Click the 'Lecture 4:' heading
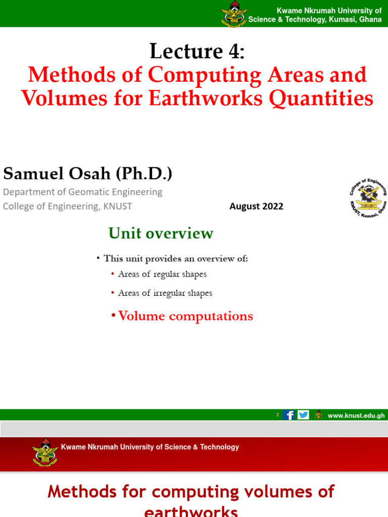coord(197,51)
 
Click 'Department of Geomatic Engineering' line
coord(83,192)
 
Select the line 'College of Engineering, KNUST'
coord(67,206)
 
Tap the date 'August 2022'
coord(256,206)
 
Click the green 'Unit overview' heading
coord(161,233)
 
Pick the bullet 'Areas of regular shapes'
coord(162,274)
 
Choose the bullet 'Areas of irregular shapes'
coord(165,293)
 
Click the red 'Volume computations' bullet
coord(185,316)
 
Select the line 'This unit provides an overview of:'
coord(175,258)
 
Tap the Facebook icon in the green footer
coord(289,415)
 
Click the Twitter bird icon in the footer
coord(303,415)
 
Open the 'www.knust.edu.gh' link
coord(356,416)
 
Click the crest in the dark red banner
coord(45,452)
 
